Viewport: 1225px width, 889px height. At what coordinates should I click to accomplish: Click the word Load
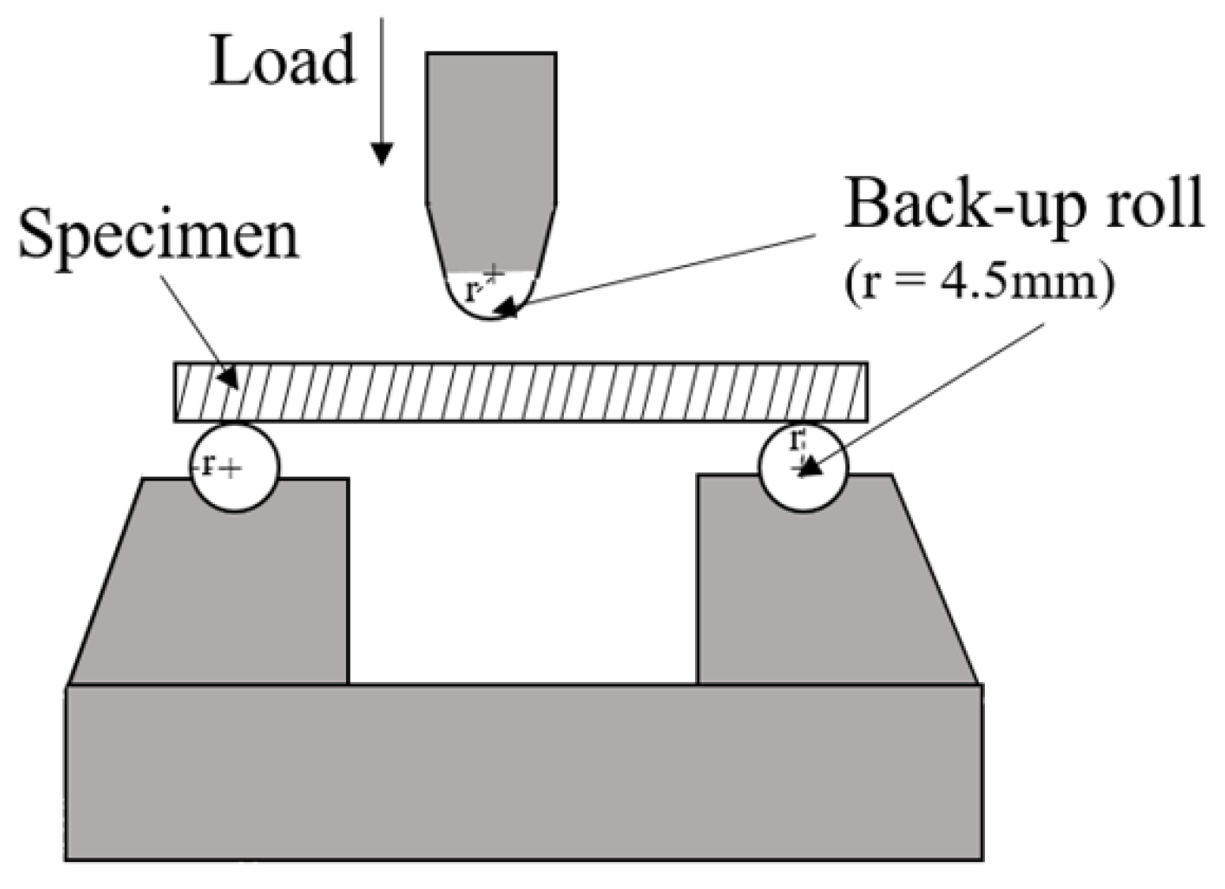point(282,62)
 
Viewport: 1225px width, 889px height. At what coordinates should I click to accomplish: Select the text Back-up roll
point(1024,204)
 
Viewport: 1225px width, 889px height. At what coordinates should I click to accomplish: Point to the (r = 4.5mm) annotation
point(979,281)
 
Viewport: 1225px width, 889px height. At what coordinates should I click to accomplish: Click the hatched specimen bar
point(521,392)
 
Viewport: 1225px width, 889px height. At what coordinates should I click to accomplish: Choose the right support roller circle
point(802,468)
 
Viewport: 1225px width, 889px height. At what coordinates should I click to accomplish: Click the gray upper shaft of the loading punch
point(490,126)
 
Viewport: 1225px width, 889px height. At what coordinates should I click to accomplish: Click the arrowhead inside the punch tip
point(509,307)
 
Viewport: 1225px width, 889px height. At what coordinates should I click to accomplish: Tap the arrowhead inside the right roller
point(810,468)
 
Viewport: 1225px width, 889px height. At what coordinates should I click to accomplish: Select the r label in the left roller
point(208,465)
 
